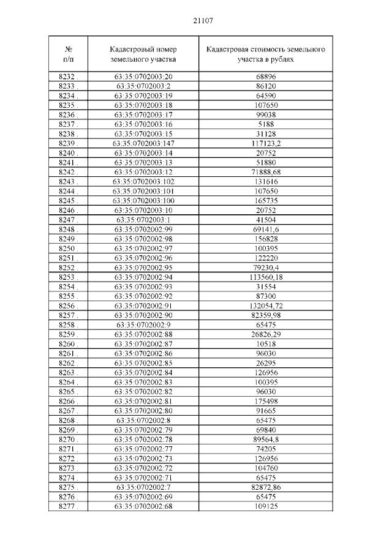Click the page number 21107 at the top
tap(203, 21)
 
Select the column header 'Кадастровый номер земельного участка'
tap(143, 54)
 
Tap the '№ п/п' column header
tap(68, 54)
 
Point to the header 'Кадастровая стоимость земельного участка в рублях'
tap(266, 54)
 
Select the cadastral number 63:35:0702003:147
tap(143, 143)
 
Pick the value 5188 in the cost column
tap(266, 124)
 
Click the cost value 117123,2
tap(266, 143)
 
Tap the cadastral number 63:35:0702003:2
tap(143, 86)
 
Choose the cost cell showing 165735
tap(266, 201)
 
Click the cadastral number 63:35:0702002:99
tap(143, 229)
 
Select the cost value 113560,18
tap(266, 277)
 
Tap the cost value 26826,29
tap(266, 334)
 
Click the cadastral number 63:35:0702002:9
tap(143, 324)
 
